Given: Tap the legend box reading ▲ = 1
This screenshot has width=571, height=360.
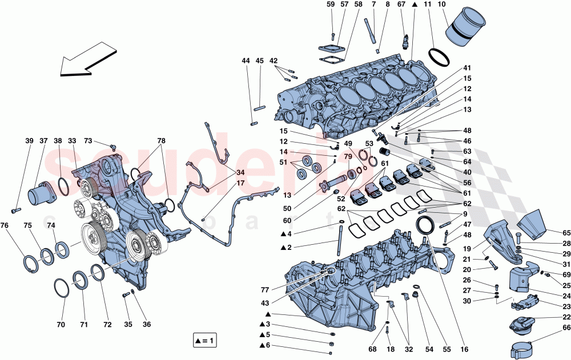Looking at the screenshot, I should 204,342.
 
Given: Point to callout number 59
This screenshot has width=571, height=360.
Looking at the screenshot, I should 331,5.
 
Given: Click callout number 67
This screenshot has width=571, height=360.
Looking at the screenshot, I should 401,5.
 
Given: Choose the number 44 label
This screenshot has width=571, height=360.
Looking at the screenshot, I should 246,61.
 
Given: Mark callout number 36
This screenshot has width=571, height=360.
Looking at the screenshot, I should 147,325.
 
